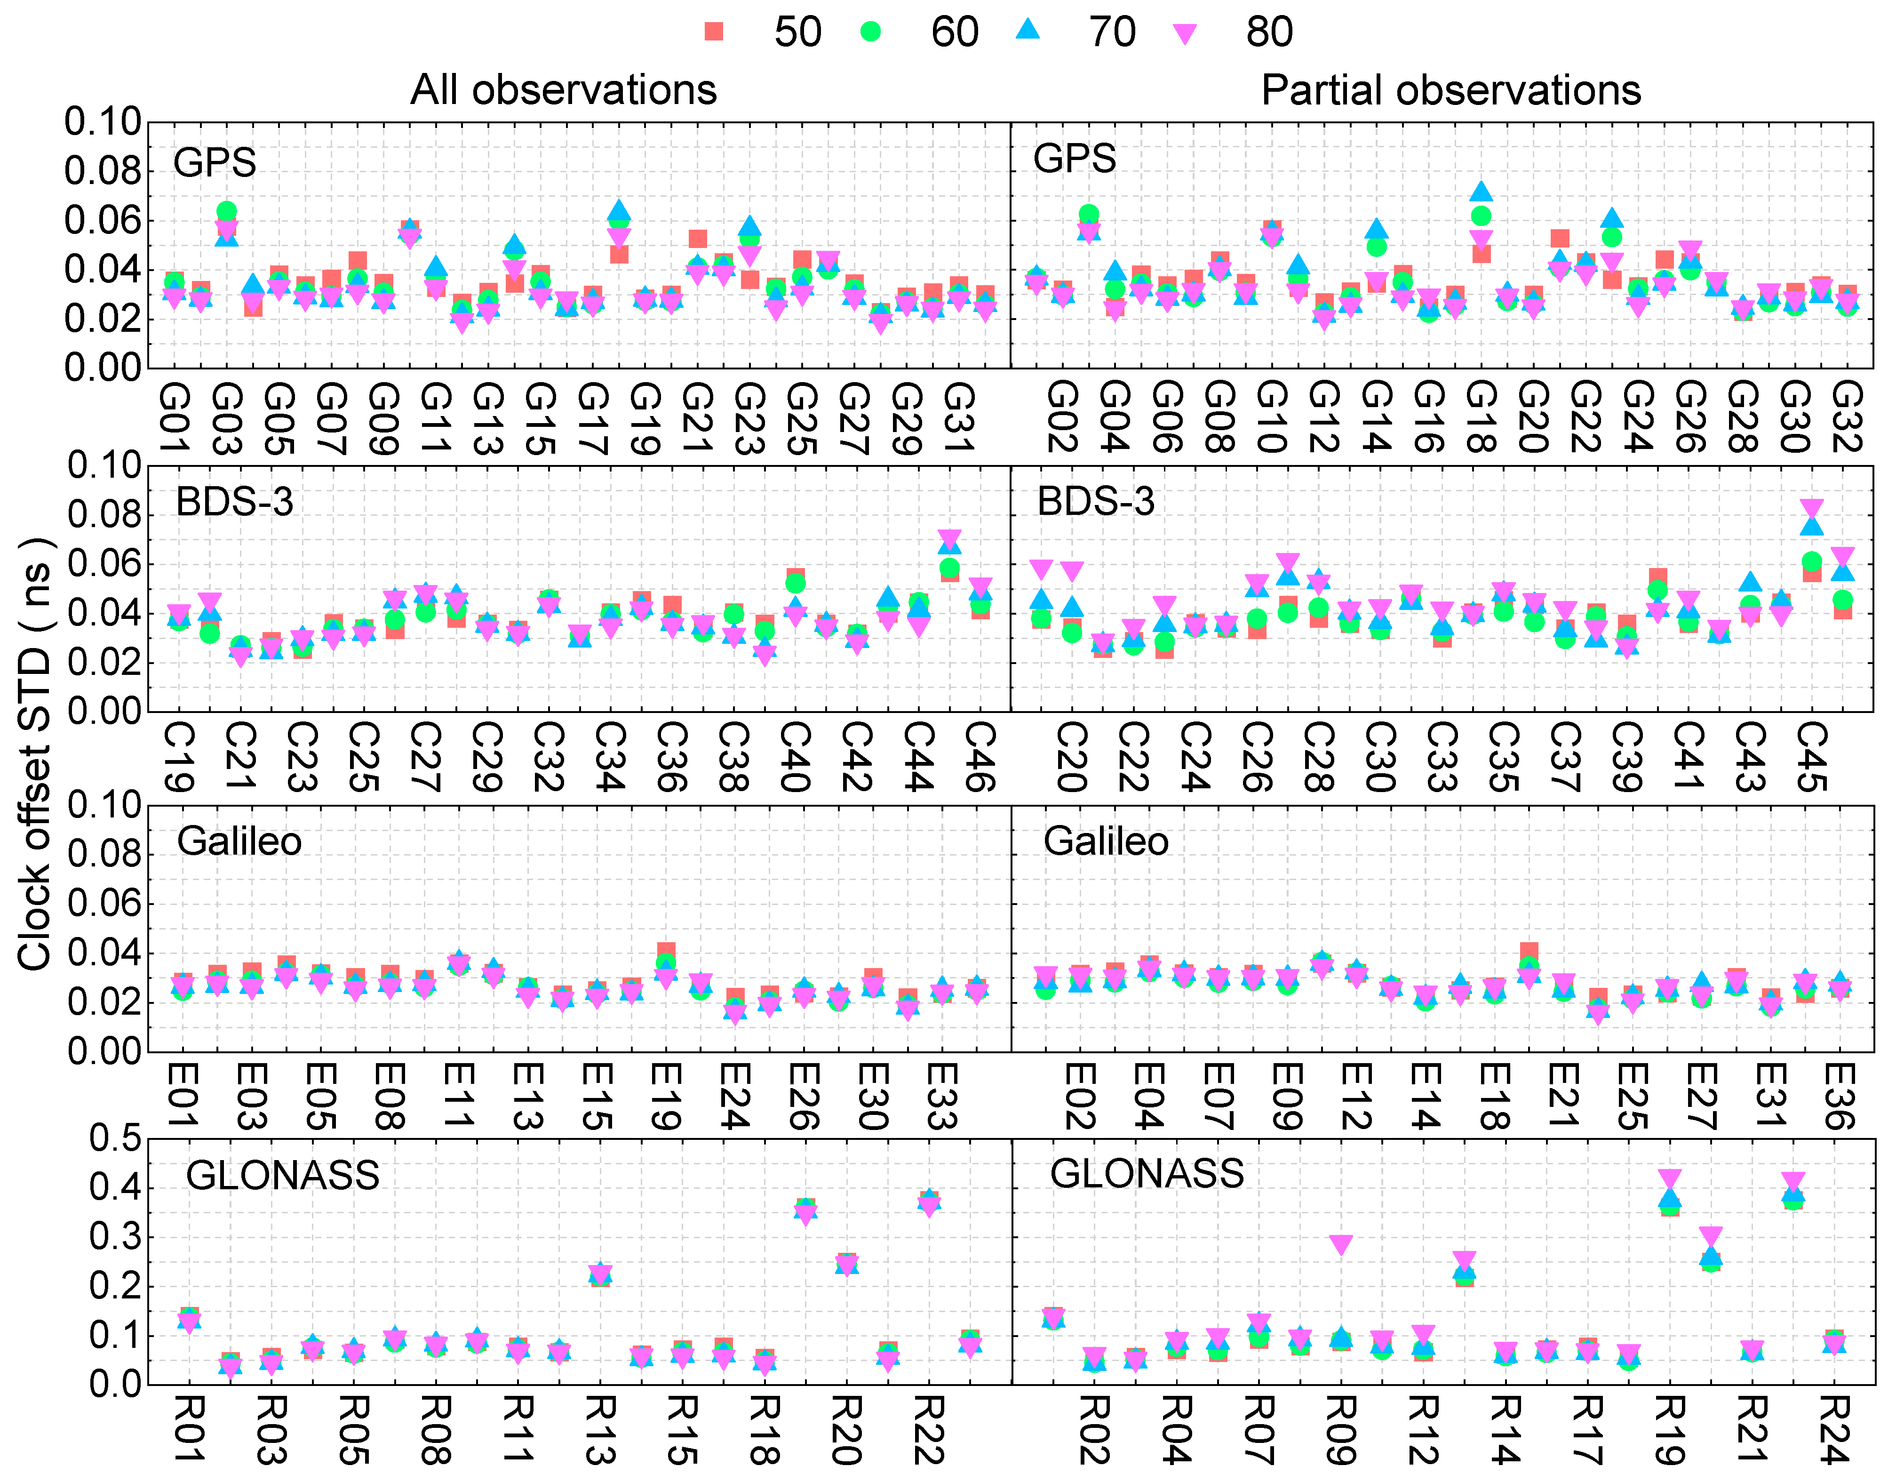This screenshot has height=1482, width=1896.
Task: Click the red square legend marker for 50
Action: tap(714, 32)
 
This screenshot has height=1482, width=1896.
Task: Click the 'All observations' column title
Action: tap(564, 90)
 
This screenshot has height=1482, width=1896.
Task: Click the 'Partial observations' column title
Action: tap(1450, 90)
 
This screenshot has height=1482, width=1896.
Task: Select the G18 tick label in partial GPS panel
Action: tap(1481, 417)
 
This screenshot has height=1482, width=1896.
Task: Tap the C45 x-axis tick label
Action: tap(1812, 757)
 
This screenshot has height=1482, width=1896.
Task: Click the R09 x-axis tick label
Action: tap(1341, 1430)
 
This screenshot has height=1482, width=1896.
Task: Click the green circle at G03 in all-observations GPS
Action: tap(227, 211)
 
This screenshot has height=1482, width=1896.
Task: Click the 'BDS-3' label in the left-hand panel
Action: tap(234, 502)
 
